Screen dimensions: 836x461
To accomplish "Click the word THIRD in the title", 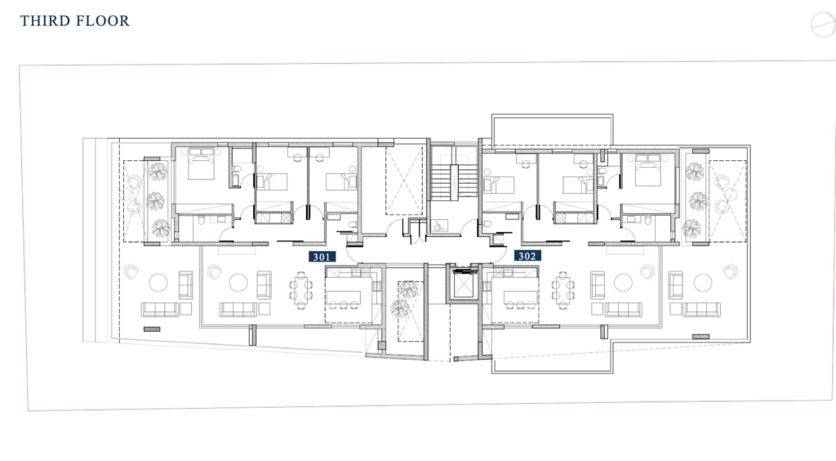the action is tap(46, 20).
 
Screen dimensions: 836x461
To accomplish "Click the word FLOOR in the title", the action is tap(102, 20).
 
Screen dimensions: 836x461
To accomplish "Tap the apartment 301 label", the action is tap(322, 257).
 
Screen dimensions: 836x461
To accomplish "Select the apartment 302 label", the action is tap(527, 256).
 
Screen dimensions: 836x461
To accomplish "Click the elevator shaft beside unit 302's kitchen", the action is tap(463, 284).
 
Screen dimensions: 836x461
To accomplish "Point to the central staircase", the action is tap(454, 181).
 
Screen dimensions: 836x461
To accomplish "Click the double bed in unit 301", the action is tap(201, 163).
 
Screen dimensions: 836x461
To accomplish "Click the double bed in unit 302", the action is tap(647, 169).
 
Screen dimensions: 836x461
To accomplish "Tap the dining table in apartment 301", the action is tap(301, 289).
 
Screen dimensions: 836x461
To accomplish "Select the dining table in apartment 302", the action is tap(563, 289).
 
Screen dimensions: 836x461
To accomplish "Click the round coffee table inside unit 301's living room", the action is tap(238, 282).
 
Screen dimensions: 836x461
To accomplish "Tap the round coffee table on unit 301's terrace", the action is tap(158, 282).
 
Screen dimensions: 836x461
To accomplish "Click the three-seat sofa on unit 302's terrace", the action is tap(701, 309).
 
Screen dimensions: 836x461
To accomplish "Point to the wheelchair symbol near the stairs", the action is tap(439, 226).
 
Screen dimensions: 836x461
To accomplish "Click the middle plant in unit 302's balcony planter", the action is tap(697, 201).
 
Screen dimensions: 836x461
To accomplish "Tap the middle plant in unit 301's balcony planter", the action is tap(155, 201).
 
